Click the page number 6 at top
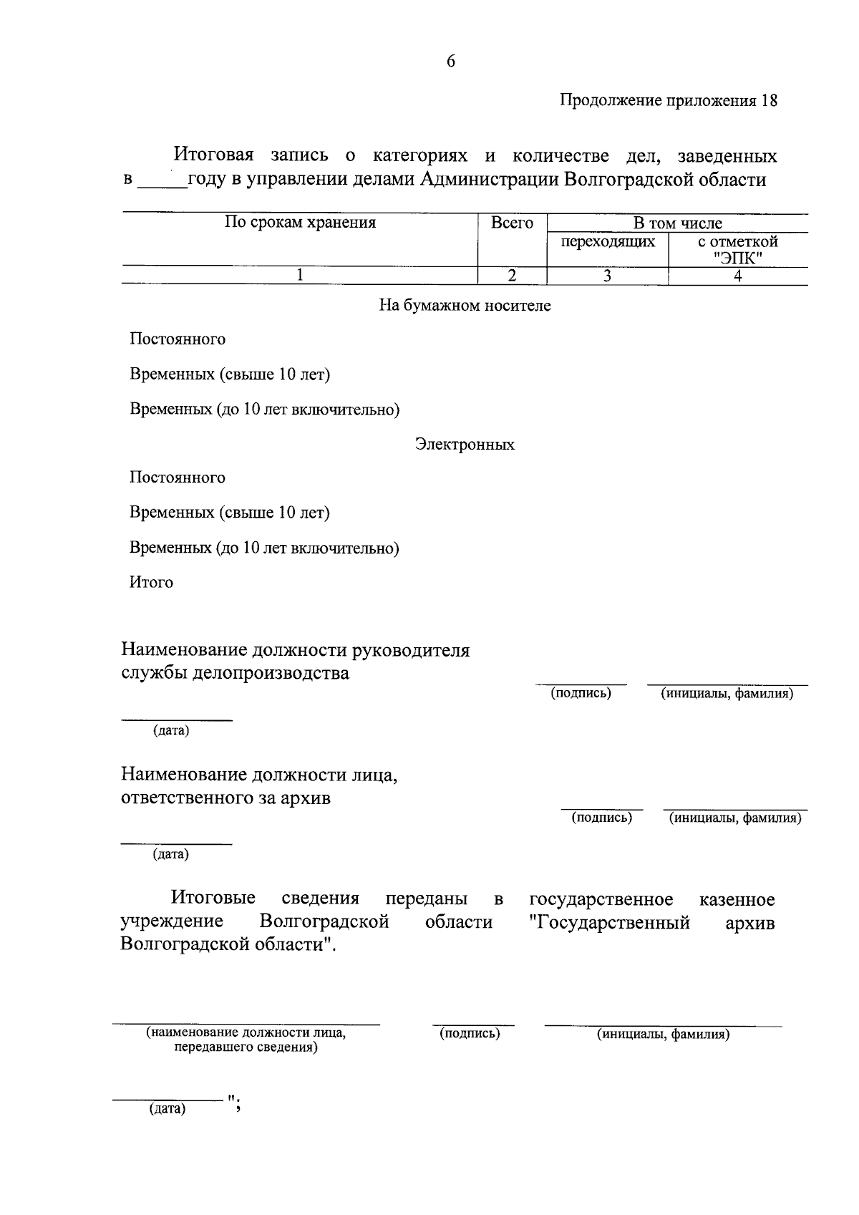point(451,62)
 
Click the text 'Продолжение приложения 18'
point(668,101)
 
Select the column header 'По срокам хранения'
point(300,223)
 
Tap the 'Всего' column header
point(512,223)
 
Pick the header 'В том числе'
point(677,223)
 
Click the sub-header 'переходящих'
point(608,241)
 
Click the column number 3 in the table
point(607,276)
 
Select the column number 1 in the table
point(300,276)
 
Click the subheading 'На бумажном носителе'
point(465,306)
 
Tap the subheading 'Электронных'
point(465,445)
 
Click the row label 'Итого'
point(151,583)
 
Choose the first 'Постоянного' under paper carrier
point(178,339)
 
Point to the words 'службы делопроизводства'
point(235,674)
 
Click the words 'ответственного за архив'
point(225,798)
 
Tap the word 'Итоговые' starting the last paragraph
point(213,899)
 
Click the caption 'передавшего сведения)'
point(246,1047)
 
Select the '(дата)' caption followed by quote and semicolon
point(167,1109)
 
